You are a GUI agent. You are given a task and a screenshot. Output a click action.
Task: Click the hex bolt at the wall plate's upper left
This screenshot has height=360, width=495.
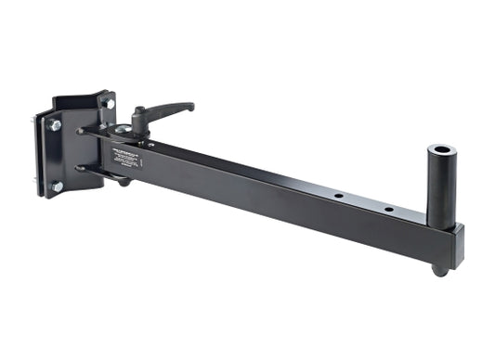pos(55,124)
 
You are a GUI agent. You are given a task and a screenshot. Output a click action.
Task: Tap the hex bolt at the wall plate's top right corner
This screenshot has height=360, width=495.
pos(109,103)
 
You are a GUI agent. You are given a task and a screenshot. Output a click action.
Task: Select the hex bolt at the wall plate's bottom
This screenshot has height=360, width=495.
pos(57,186)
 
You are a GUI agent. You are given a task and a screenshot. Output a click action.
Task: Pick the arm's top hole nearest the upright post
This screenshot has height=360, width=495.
pos(388,210)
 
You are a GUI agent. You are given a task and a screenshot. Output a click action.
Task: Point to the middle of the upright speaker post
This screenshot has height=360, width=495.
pos(438,186)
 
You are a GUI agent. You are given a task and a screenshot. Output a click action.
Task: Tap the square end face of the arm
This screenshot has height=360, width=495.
pos(457,249)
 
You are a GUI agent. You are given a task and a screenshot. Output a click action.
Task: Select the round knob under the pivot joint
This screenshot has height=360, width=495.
pos(124,181)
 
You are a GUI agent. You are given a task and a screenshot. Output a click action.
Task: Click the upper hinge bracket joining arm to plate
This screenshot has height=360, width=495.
pos(93,133)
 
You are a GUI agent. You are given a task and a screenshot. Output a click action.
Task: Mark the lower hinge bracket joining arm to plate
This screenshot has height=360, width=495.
pos(93,171)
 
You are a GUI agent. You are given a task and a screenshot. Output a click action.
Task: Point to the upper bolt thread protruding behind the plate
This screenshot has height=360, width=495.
pos(36,120)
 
